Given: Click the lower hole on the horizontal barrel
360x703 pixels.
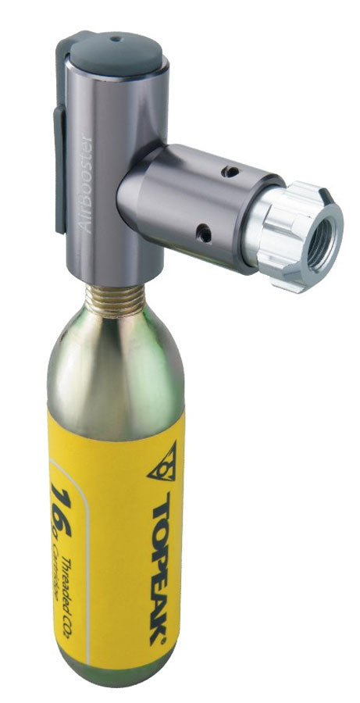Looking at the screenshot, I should (x=204, y=232).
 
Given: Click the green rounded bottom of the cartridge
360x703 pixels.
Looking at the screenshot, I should (x=117, y=676).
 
